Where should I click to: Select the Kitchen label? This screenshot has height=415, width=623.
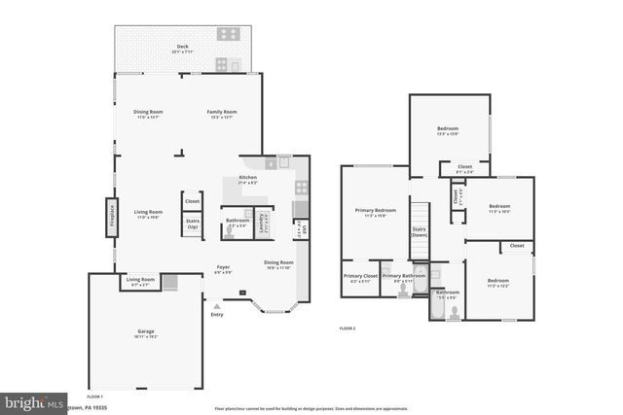pos(247,177)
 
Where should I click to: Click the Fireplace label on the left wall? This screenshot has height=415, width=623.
pos(112,211)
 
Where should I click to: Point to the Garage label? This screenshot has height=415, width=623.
pos(145,332)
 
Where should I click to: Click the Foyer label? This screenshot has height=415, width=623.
pos(223,267)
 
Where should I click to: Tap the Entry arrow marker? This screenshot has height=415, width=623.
pos(216,305)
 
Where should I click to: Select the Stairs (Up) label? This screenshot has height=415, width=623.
pos(193,223)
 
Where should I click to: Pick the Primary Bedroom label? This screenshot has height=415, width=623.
pos(375,211)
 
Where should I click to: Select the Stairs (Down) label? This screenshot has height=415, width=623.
pos(420,231)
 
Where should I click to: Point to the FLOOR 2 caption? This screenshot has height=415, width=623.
pos(348,329)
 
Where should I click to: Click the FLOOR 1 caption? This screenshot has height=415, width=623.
pos(94,397)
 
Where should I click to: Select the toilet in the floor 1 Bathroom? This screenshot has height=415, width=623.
pos(230,230)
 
